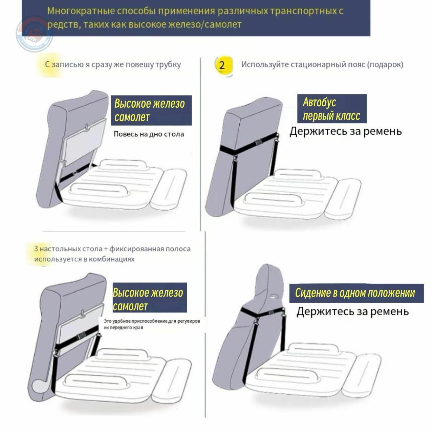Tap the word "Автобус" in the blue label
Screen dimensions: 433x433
(x=319, y=103)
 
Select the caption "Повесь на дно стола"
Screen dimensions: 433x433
(x=149, y=134)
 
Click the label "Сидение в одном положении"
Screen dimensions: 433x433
(x=355, y=293)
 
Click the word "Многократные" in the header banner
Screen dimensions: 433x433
(x=81, y=11)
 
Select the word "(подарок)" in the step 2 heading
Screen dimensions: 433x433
(x=385, y=65)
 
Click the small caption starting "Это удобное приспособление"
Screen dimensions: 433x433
(x=152, y=324)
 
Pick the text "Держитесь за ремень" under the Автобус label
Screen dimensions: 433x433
(x=346, y=131)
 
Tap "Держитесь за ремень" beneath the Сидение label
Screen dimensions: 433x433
(x=352, y=311)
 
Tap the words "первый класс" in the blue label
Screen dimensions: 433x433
(x=331, y=116)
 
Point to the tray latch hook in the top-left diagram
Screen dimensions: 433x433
(x=87, y=127)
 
